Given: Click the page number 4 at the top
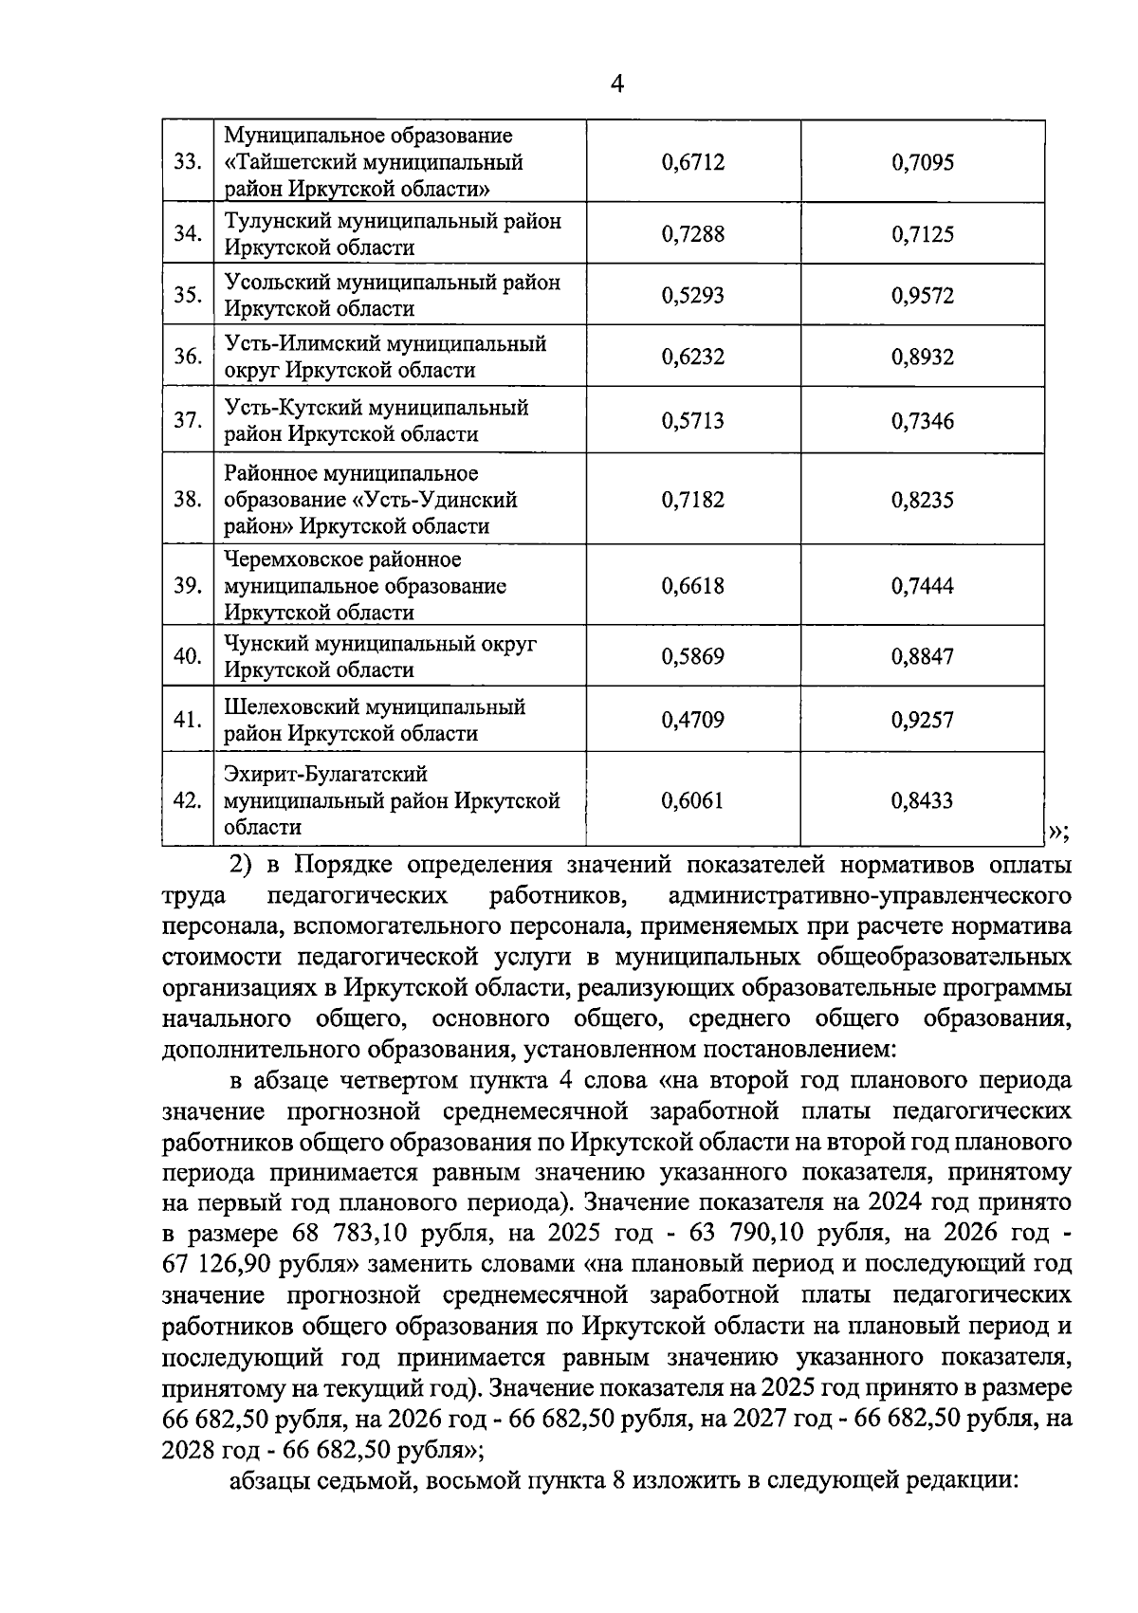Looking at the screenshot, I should point(616,84).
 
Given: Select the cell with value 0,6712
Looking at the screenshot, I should point(692,163).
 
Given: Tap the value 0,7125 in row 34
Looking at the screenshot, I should point(922,234).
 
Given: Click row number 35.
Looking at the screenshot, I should point(187,295).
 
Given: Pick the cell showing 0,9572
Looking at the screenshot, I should point(922,296).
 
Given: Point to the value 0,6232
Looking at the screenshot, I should point(692,357).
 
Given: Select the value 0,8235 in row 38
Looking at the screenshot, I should point(922,500).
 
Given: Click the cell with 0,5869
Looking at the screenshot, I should point(692,656).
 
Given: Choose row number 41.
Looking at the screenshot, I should point(187,720).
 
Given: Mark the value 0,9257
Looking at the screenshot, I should point(922,720).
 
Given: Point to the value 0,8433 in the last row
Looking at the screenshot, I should point(922,801).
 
